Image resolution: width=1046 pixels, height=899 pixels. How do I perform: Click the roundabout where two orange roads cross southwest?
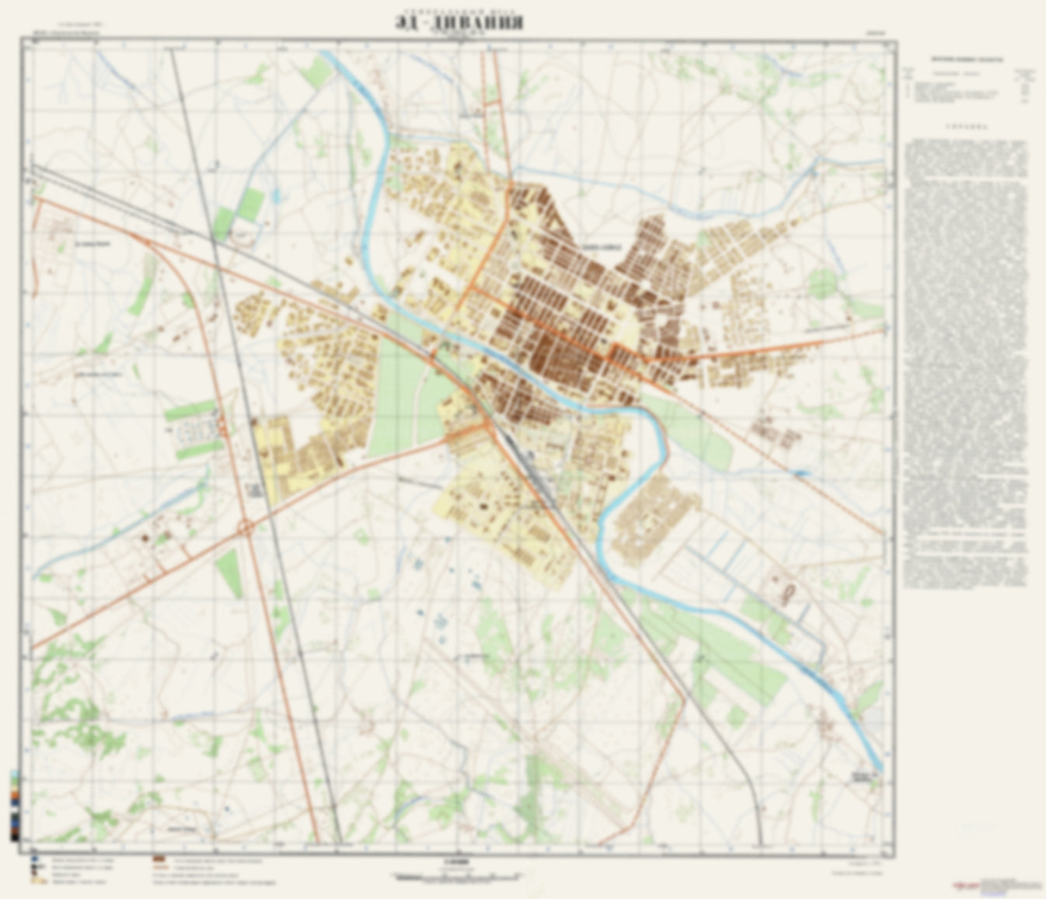tap(246, 528)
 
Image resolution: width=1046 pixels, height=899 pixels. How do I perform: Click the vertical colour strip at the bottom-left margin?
tap(15, 805)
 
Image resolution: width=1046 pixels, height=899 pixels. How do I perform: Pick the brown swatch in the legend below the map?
tap(160, 861)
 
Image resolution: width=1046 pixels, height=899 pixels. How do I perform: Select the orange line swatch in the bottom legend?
tap(160, 870)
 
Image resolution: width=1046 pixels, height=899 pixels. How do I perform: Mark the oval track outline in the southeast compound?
tap(790, 595)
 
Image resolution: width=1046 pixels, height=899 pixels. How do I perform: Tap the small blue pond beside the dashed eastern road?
tap(801, 472)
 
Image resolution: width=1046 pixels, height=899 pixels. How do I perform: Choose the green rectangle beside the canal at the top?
tap(318, 71)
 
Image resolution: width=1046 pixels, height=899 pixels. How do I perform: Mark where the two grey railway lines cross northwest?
tap(214, 242)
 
